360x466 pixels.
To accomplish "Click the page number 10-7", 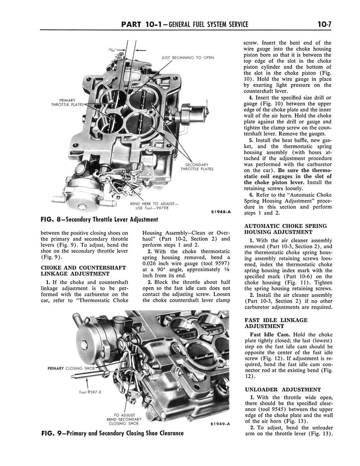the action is click(324, 24).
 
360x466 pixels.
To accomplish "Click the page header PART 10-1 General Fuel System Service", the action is click(185, 24).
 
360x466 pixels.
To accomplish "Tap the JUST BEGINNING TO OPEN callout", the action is click(188, 58).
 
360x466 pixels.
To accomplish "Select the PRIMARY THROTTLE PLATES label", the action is click(67, 102).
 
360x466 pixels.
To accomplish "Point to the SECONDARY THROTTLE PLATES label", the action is click(197, 167).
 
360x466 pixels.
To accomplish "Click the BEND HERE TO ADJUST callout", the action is click(153, 206).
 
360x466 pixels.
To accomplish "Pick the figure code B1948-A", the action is click(221, 212).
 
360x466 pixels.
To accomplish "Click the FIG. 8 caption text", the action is click(100, 220).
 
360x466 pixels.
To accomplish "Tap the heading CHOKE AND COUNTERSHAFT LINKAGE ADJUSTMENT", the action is click(83, 270).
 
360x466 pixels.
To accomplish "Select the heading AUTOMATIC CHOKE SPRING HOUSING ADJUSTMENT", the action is click(285, 229).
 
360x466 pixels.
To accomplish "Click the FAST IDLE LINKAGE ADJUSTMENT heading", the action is click(276, 323).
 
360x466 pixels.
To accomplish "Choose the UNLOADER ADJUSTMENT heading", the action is click(283, 390).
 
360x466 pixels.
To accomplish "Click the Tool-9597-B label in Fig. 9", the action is click(91, 392).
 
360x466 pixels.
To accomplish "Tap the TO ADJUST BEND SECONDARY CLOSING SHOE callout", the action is click(124, 419).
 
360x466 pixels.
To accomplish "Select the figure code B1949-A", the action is click(220, 424).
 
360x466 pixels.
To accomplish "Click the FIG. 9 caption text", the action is click(112, 433).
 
